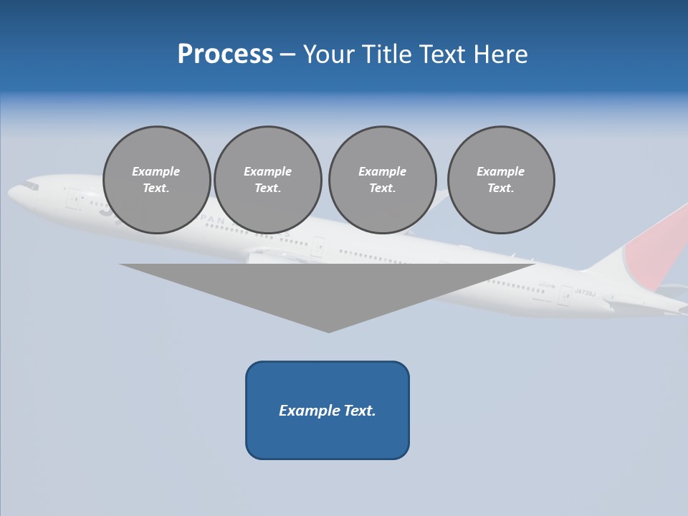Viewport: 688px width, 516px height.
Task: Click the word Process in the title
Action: point(225,54)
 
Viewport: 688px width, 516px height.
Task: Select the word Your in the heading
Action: point(328,54)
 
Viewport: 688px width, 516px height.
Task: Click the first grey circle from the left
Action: point(157,180)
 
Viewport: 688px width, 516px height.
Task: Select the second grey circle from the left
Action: point(268,180)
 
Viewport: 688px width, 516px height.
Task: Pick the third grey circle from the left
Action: point(382,180)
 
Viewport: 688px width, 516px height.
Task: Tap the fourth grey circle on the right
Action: point(501,180)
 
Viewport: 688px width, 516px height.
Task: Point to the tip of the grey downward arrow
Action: point(328,330)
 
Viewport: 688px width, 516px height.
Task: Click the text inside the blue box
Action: point(328,411)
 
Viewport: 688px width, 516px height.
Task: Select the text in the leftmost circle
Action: point(156,180)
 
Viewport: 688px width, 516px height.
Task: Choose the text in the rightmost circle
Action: point(501,180)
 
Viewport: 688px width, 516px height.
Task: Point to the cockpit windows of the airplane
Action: point(30,186)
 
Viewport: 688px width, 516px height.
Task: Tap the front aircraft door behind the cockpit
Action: point(73,199)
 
